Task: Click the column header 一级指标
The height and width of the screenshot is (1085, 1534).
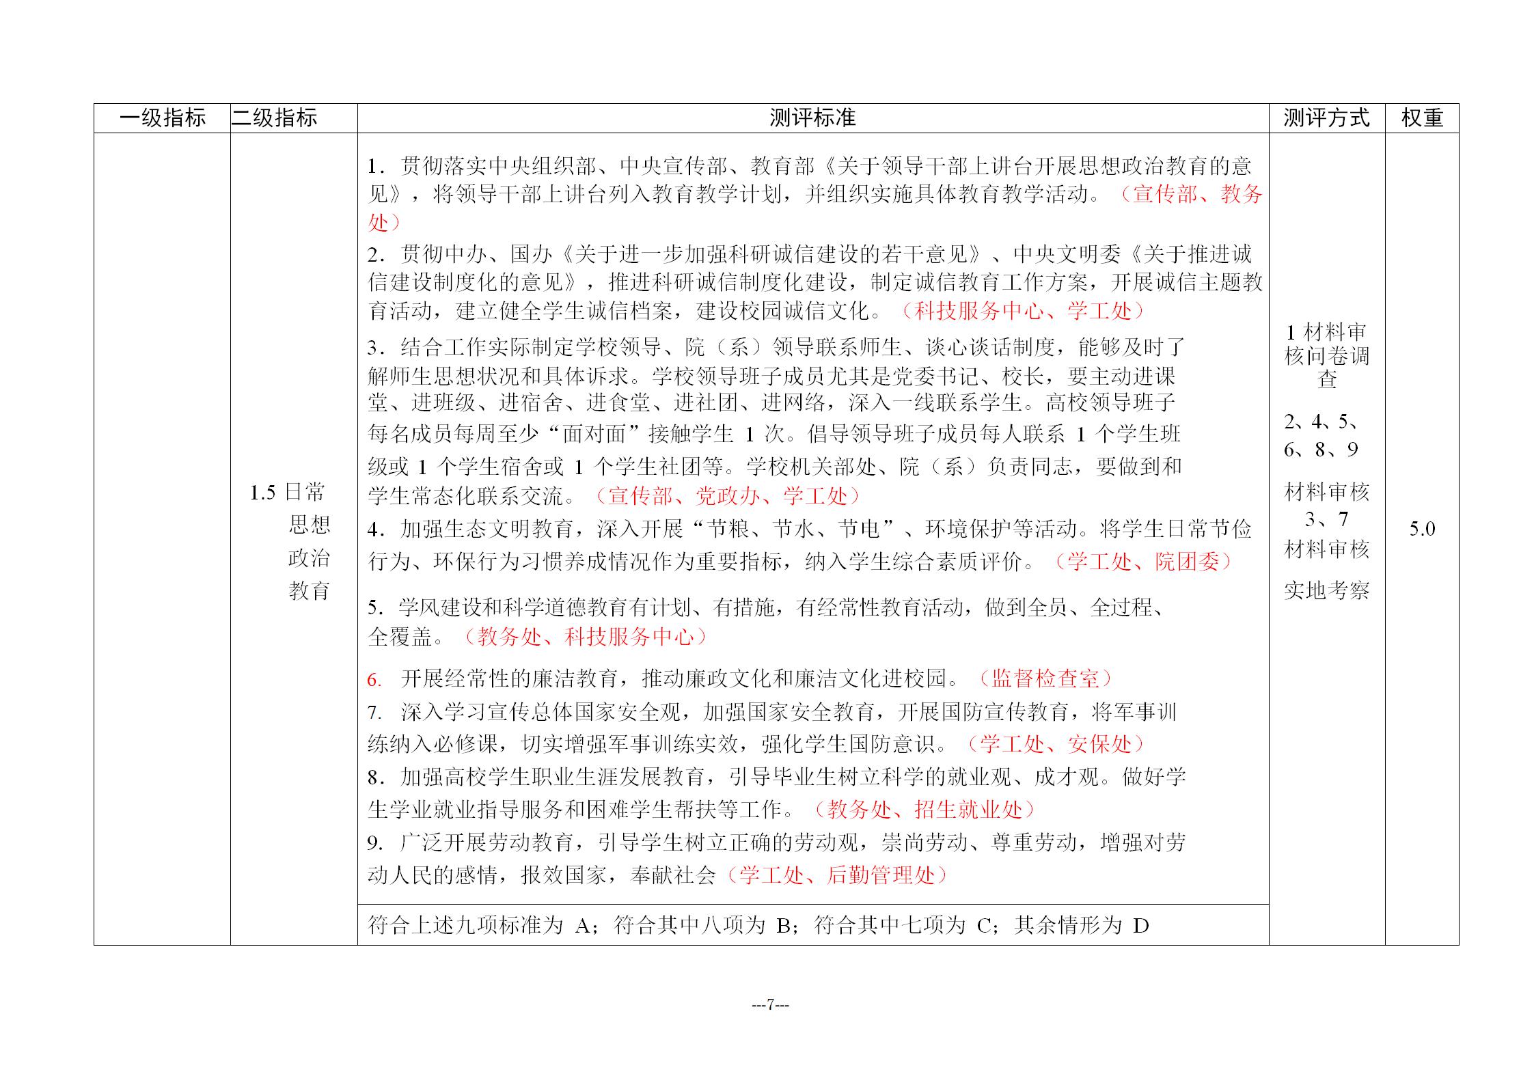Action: (162, 118)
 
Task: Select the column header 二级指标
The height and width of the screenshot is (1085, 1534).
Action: (275, 118)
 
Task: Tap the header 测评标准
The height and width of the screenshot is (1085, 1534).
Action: (812, 118)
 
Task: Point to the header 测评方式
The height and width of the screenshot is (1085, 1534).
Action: (1326, 118)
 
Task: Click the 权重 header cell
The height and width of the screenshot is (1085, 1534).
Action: (1422, 118)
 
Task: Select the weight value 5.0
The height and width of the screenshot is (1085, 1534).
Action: (1422, 529)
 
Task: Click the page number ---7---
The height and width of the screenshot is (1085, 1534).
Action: (770, 1004)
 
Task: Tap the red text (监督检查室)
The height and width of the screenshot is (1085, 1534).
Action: (1044, 678)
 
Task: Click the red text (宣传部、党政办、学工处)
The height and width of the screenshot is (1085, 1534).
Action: (727, 496)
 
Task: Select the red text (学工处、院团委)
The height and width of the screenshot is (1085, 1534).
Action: (1142, 562)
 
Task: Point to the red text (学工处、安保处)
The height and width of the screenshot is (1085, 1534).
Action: (1056, 744)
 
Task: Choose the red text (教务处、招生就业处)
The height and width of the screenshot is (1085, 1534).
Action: (924, 810)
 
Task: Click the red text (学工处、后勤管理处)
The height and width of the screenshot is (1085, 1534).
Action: (836, 875)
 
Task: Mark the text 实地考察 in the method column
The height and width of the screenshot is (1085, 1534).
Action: (1326, 590)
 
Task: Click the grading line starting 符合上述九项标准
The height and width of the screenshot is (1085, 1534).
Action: (758, 926)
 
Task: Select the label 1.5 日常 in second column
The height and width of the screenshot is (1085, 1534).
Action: (287, 492)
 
